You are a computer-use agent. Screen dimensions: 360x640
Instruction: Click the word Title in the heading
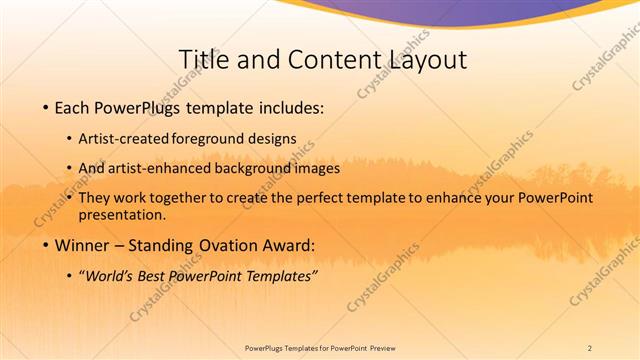(x=203, y=60)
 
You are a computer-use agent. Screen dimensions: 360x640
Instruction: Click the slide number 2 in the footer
(x=590, y=346)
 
